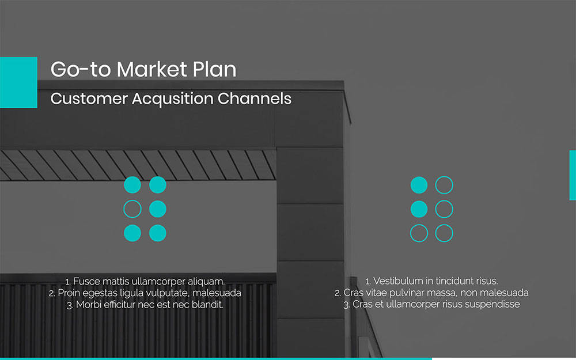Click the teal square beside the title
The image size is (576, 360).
click(18, 82)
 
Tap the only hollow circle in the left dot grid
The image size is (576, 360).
click(132, 209)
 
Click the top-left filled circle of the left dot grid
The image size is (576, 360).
click(132, 185)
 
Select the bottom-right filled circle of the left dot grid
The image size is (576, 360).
click(158, 233)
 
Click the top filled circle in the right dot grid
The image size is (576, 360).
click(419, 185)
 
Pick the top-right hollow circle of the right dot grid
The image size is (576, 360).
click(444, 185)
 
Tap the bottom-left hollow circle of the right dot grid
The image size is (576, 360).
click(419, 233)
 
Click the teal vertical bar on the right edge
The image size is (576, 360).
click(573, 175)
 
